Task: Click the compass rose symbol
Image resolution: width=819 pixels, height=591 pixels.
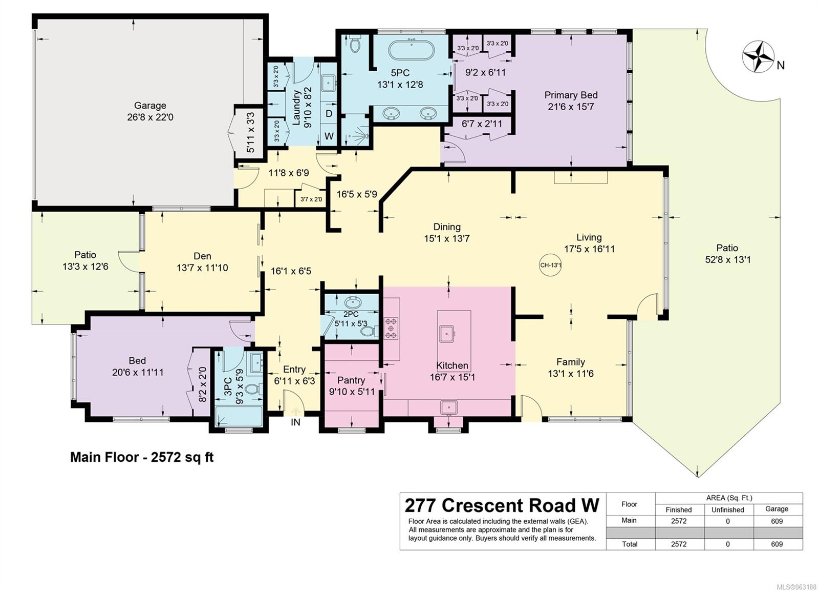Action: coord(758,57)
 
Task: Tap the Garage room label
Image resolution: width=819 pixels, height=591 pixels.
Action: coord(150,106)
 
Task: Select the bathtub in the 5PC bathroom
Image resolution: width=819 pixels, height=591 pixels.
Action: coord(412,51)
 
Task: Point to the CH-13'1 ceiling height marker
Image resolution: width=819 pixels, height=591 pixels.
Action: coord(550,265)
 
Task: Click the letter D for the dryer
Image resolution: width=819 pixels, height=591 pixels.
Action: coord(329,113)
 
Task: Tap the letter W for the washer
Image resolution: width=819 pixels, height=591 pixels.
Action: coord(329,136)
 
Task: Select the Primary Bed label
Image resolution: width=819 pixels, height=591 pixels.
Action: coord(571,95)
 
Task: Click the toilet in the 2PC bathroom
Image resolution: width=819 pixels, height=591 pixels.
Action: coord(369,332)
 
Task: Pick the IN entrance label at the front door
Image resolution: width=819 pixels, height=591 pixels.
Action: coord(295,422)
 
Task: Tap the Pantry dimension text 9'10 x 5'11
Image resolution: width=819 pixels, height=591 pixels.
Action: coord(352,392)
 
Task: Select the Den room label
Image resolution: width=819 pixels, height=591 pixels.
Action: coord(202,256)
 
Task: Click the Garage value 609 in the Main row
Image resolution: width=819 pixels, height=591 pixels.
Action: coord(777,521)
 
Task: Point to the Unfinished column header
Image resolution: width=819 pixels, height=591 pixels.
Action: coord(727,510)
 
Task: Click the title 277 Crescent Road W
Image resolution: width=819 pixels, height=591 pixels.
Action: coord(502,506)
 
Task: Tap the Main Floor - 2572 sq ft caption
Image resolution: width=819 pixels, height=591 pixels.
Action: coord(142,457)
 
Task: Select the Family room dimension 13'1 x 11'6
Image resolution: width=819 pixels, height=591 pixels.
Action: coord(570,374)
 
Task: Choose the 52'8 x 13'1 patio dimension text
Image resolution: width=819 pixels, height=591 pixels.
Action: coord(727,259)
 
